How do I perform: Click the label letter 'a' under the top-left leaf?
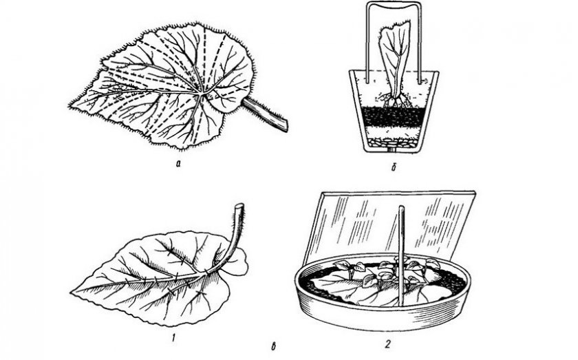point(178,164)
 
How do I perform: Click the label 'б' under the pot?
point(394,167)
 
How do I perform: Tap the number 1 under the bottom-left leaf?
point(173,337)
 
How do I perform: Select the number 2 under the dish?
point(387,344)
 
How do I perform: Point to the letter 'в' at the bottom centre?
point(274,346)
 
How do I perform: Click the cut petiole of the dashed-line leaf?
point(265,114)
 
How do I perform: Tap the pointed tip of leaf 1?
point(71,292)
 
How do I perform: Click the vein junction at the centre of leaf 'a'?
point(200,94)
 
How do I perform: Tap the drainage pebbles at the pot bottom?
point(392,142)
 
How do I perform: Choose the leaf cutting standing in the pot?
point(394,63)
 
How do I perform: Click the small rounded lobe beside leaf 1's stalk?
point(239,263)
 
